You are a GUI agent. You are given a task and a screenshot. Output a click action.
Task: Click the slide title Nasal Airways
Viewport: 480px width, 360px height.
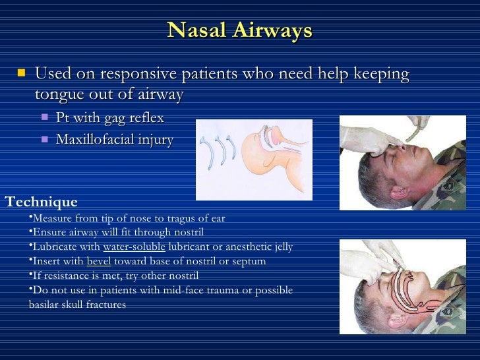point(239,30)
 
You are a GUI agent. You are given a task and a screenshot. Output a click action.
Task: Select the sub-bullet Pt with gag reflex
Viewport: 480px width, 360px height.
point(109,119)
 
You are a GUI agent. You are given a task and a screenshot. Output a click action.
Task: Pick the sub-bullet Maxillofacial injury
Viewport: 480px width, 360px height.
point(114,140)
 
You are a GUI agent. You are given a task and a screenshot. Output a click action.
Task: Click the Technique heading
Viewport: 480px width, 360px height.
point(41,202)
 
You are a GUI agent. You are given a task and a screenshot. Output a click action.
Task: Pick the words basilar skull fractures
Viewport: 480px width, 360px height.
point(78,305)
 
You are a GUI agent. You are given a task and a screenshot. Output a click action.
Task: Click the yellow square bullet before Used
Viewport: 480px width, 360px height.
point(22,73)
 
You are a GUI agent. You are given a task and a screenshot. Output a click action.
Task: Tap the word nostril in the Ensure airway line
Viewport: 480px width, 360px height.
point(189,233)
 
